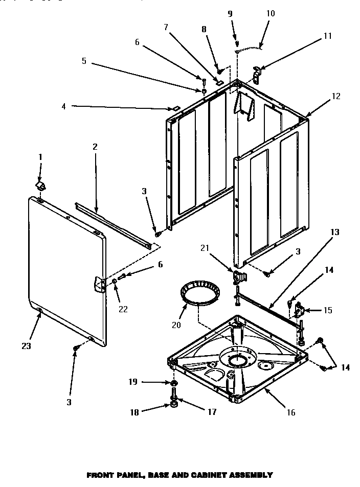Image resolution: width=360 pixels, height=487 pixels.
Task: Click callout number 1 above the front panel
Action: [41, 157]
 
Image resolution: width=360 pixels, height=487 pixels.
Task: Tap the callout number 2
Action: [95, 147]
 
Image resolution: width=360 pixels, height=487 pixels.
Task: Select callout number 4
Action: [63, 106]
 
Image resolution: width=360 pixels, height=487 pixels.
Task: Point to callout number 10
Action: [271, 13]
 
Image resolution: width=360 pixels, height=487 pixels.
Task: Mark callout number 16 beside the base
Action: [291, 412]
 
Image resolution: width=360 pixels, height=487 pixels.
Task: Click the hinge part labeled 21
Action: [238, 277]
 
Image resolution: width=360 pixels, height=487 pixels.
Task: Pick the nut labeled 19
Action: [174, 383]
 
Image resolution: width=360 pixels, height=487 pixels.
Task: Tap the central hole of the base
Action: [237, 361]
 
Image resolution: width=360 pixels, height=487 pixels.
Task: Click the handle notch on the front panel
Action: [98, 283]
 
